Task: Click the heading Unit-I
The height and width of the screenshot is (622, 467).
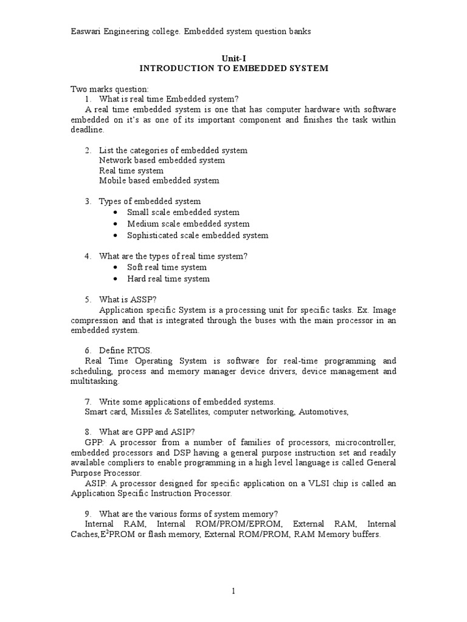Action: pos(233,57)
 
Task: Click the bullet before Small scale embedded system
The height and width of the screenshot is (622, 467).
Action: pos(116,213)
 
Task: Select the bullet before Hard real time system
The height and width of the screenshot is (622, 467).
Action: pos(116,279)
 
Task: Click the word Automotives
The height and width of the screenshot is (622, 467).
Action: pos(323,412)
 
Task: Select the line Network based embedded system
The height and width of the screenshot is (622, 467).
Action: pos(162,160)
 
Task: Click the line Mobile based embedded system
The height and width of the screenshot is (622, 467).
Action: pos(159,180)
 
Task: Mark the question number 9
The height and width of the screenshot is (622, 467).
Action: pos(88,513)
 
